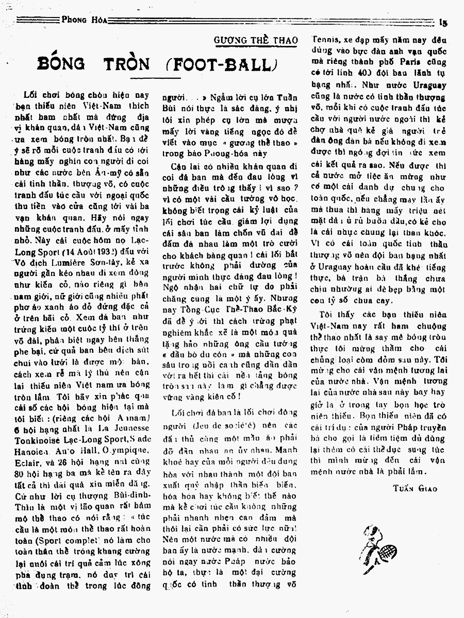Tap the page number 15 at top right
point(442,22)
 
